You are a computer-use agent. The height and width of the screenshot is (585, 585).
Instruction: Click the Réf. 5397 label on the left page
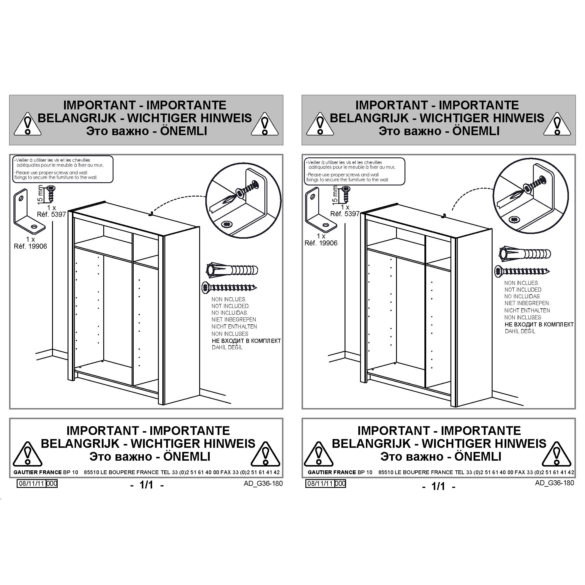click(x=51, y=214)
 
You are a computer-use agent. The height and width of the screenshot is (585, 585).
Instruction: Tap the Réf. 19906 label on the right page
click(x=321, y=243)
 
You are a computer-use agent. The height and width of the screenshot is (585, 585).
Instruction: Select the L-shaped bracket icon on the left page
click(x=29, y=210)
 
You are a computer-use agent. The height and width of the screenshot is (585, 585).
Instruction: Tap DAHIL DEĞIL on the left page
click(x=227, y=347)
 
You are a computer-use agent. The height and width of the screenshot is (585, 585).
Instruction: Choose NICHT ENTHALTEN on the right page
click(x=527, y=310)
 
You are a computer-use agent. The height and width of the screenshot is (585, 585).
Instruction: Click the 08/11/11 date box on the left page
click(x=32, y=483)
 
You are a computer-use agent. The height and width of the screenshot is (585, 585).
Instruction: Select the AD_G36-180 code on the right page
click(x=554, y=483)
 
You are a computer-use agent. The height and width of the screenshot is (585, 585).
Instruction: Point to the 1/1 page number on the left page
click(x=147, y=485)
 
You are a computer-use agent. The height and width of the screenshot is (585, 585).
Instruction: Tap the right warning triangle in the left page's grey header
click(x=265, y=124)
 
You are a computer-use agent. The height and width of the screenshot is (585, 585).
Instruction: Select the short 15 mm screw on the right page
click(x=346, y=195)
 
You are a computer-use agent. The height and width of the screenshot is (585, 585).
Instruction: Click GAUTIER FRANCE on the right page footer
click(x=332, y=472)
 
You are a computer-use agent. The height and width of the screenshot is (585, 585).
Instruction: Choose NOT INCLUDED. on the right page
click(x=524, y=290)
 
